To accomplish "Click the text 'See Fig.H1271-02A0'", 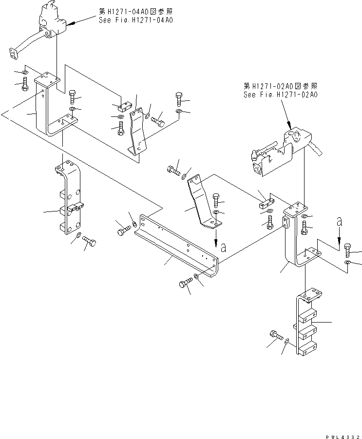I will pyautogui.click(x=280, y=95).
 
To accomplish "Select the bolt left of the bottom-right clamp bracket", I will pyautogui.click(x=274, y=336).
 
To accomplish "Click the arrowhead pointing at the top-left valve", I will pyautogui.click(x=70, y=23).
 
